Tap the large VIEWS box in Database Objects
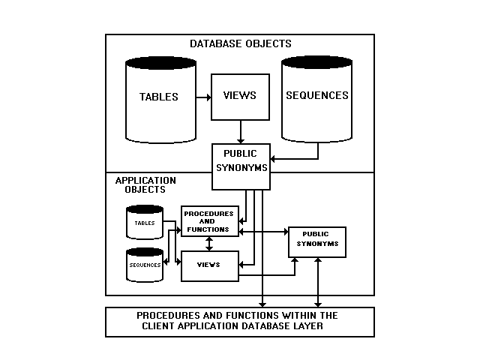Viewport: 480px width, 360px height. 240,96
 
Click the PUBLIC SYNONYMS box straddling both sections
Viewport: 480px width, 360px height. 240,160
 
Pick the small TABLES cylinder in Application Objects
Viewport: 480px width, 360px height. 145,223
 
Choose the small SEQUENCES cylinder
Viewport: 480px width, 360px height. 145,265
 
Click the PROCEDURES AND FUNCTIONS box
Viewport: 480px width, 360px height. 209,221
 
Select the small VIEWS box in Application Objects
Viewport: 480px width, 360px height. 209,265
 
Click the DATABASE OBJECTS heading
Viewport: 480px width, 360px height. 240,43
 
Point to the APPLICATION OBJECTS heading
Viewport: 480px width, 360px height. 145,185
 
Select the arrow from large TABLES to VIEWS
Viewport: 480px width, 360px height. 202,97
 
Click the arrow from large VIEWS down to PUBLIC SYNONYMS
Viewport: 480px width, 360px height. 240,132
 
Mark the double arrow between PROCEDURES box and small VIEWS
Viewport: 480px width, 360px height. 209,244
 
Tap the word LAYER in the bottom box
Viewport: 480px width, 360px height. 308,326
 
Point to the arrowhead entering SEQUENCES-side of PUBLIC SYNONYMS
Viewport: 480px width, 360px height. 273,159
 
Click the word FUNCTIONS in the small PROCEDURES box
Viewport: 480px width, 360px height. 209,229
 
